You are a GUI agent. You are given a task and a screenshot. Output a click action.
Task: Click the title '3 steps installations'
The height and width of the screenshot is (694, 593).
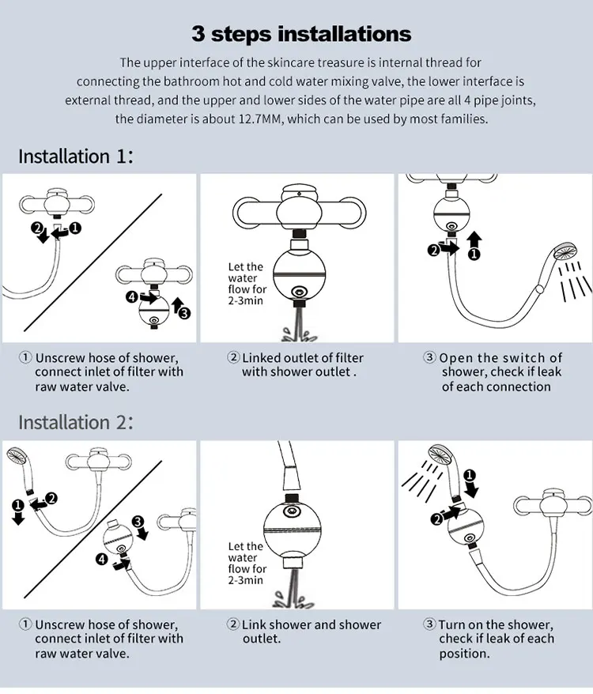(x=301, y=34)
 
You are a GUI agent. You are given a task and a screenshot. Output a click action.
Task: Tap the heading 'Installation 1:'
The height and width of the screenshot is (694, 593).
(x=76, y=157)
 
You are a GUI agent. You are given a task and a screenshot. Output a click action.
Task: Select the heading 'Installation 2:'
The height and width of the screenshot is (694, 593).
(x=76, y=422)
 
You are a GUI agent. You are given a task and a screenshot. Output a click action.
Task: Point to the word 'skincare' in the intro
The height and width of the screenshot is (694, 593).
(x=289, y=62)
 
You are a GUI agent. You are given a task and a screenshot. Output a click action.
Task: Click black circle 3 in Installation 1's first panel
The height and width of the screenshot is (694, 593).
(x=185, y=313)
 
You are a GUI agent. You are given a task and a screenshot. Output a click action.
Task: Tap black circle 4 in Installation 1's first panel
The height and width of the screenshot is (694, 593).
(x=132, y=296)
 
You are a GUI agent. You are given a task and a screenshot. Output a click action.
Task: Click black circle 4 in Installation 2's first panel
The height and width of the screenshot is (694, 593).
(x=102, y=559)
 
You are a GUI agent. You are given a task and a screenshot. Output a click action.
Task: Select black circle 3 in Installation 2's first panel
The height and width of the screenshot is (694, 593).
(x=138, y=522)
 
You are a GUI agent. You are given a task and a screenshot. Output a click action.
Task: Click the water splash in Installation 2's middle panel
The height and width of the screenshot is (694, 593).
(x=293, y=599)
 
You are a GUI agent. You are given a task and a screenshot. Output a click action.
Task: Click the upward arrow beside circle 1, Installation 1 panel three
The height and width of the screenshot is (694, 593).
(x=474, y=240)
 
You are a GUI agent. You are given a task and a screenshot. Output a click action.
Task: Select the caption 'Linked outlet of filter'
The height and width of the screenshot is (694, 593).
(x=303, y=357)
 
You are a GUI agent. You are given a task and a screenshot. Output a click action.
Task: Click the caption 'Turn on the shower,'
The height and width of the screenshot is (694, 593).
(x=496, y=624)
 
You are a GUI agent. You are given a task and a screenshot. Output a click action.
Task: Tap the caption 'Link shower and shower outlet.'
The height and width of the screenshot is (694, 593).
(x=312, y=632)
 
